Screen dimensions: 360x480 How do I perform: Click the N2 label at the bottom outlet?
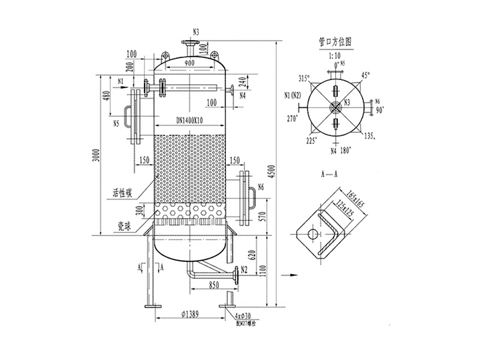tap(245, 269)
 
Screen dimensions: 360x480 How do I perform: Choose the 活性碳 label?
tap(124, 193)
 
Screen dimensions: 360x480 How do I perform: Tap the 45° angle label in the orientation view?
tap(365, 75)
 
